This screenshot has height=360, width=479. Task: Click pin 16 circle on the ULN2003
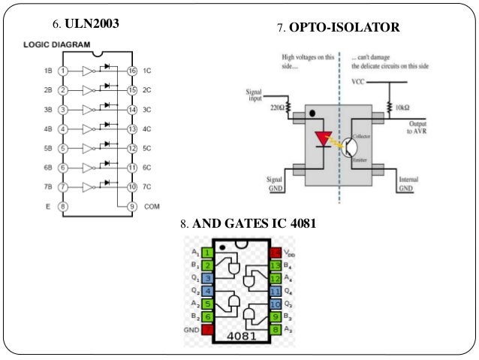click(x=132, y=71)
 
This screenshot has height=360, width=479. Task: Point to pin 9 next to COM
click(x=132, y=206)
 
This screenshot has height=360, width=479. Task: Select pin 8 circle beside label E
click(x=63, y=206)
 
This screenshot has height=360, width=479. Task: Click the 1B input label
click(x=47, y=71)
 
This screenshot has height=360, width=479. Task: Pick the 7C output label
click(x=149, y=187)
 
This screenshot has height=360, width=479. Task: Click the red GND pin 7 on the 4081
click(x=207, y=328)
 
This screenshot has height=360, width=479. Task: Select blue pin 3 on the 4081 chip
click(x=207, y=278)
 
